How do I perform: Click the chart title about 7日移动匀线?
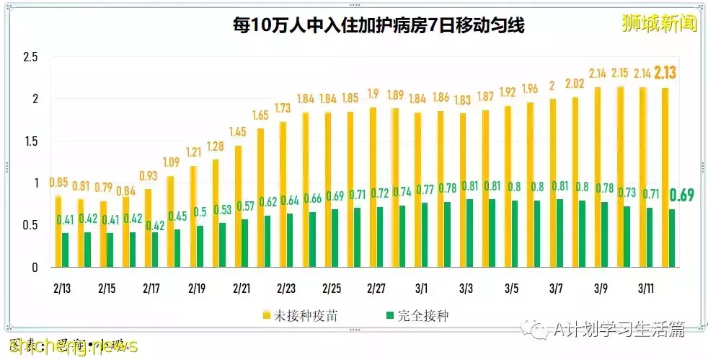tap(378, 26)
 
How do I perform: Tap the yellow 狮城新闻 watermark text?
tap(660, 24)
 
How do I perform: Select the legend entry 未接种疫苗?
tap(299, 315)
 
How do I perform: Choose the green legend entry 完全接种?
tap(420, 315)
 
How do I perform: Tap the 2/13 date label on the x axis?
tap(62, 288)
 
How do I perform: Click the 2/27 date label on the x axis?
tap(376, 288)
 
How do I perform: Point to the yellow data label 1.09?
tap(170, 163)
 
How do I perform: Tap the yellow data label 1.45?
tap(237, 133)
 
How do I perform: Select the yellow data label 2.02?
tap(576, 84)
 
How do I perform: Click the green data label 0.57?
tap(246, 206)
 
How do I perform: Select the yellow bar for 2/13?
tap(58, 231)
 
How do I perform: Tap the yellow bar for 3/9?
tap(598, 177)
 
